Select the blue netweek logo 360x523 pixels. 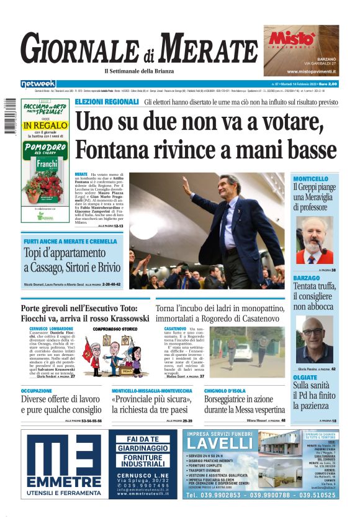point(38,83)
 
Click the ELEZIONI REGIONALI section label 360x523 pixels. point(106,101)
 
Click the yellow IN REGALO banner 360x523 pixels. point(45,125)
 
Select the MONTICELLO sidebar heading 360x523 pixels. point(310,178)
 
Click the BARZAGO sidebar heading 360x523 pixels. point(306,277)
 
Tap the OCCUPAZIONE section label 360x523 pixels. point(41,391)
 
